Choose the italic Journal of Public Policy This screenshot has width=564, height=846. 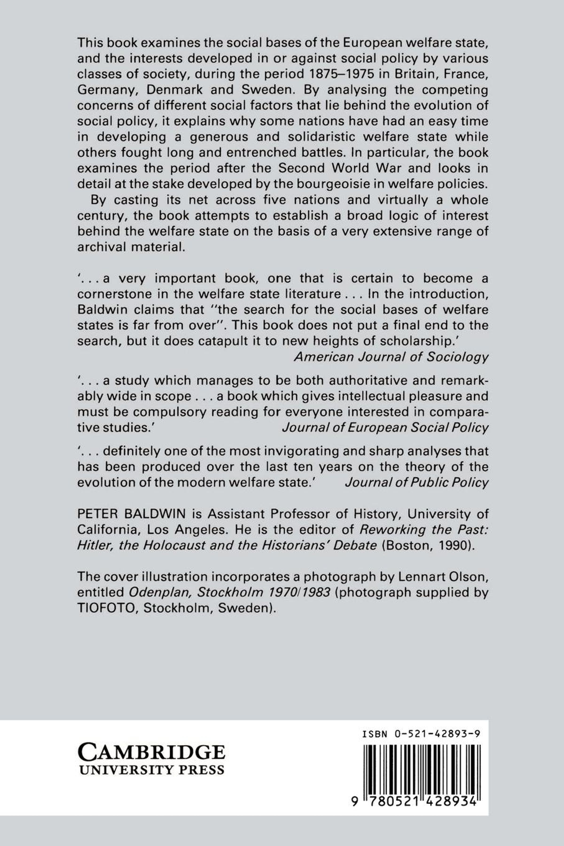tap(416, 482)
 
